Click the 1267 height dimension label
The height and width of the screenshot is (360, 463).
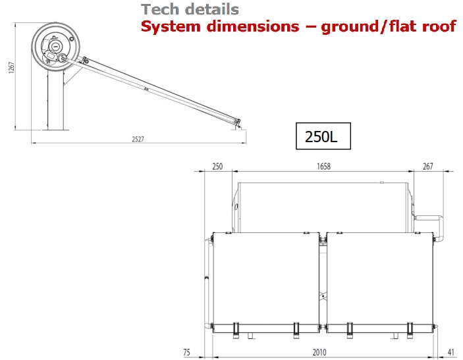(x=11, y=68)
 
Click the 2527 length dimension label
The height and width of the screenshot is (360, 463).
(x=138, y=139)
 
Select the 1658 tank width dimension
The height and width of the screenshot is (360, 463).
(x=323, y=167)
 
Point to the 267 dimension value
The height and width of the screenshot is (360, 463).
(x=427, y=167)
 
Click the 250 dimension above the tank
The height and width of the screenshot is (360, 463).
(x=217, y=167)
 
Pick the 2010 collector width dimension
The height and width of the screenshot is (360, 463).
(x=319, y=352)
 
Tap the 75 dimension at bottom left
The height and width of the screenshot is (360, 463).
(x=186, y=352)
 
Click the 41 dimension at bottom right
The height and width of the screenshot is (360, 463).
(x=451, y=352)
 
